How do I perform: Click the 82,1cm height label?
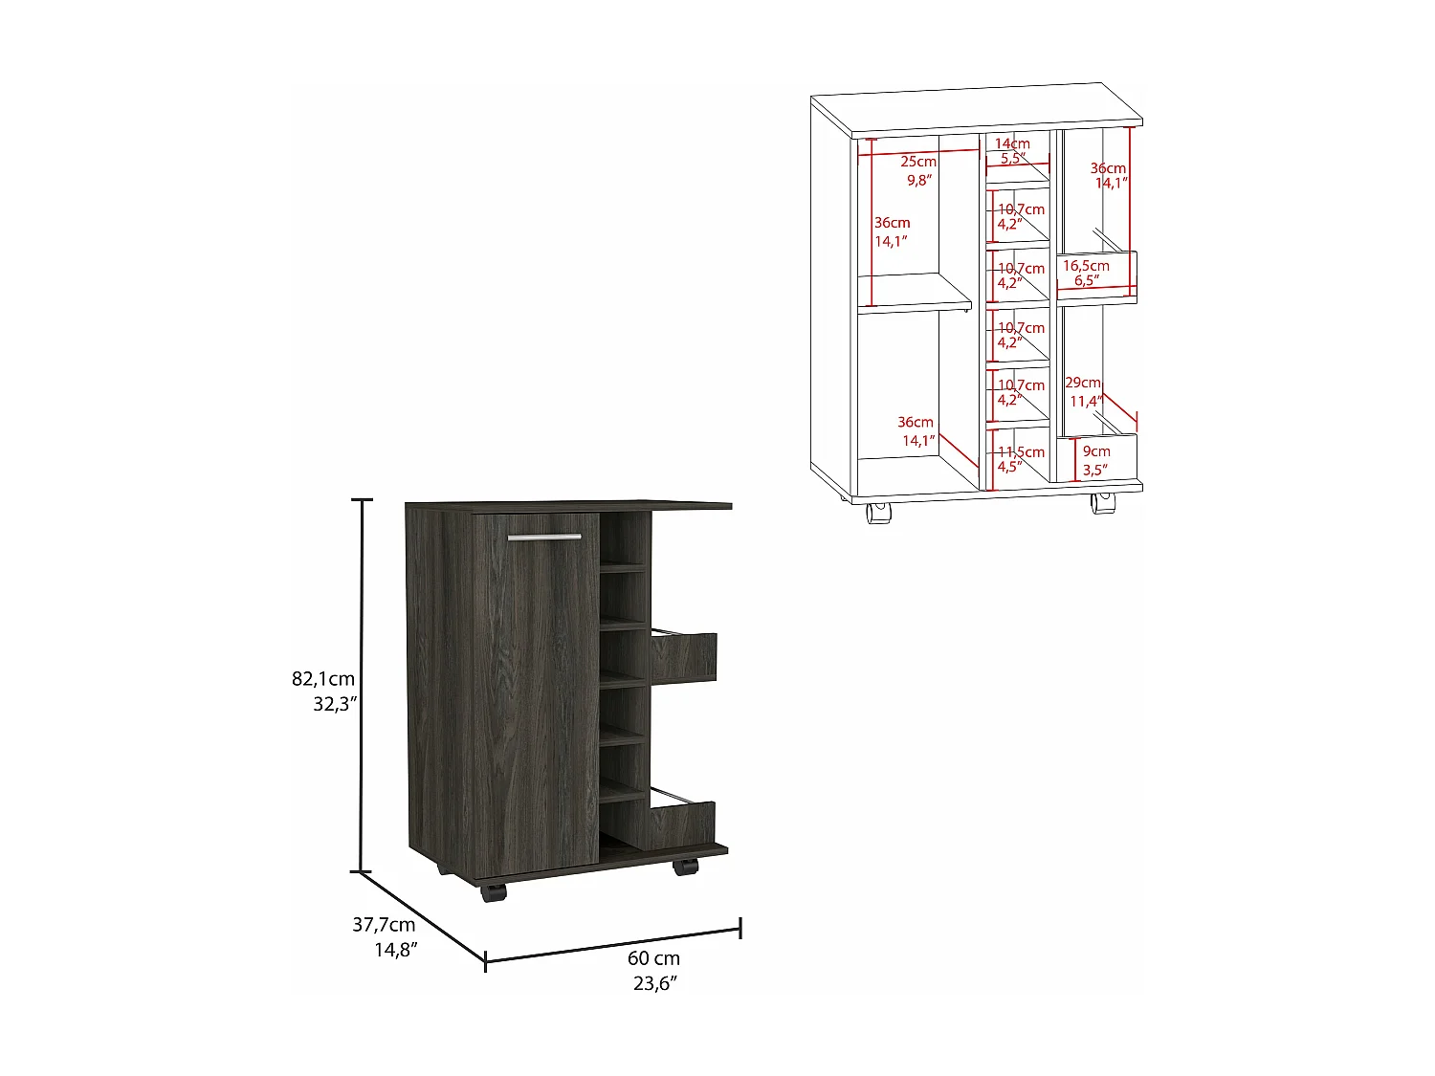point(323,679)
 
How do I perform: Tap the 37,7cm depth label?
point(384,925)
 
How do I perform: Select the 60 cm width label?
point(654,958)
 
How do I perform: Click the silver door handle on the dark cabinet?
point(543,537)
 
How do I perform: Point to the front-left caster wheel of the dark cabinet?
point(493,893)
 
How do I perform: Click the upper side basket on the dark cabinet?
point(683,657)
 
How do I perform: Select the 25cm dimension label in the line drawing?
point(918,162)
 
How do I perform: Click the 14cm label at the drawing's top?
point(1012,143)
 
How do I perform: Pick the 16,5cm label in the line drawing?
point(1087,266)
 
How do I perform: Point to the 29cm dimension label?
point(1083,383)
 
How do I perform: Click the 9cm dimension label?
point(1097,451)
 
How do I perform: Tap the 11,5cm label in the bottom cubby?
point(1022,451)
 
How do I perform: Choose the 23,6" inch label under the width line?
point(654,983)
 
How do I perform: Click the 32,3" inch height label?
point(335,704)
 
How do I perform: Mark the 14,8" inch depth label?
point(395,950)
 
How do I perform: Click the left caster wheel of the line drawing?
point(876,514)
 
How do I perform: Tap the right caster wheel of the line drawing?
point(1102,504)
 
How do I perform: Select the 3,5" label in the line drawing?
point(1094,470)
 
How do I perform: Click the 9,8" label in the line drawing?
point(918,180)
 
